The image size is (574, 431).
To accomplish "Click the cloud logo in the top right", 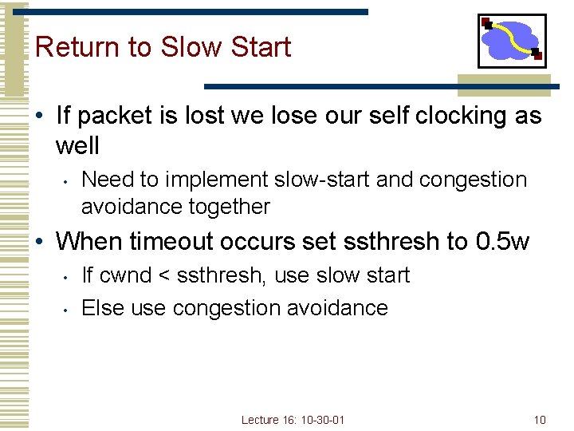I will [x=512, y=41].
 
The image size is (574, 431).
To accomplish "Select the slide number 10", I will [x=540, y=420].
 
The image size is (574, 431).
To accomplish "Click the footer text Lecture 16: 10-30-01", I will [x=294, y=420].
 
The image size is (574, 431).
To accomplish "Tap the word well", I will [x=77, y=146].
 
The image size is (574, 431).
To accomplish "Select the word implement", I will [x=199, y=180].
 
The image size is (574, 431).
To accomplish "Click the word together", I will [x=230, y=207].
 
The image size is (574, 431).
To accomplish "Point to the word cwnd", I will [x=125, y=276].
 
